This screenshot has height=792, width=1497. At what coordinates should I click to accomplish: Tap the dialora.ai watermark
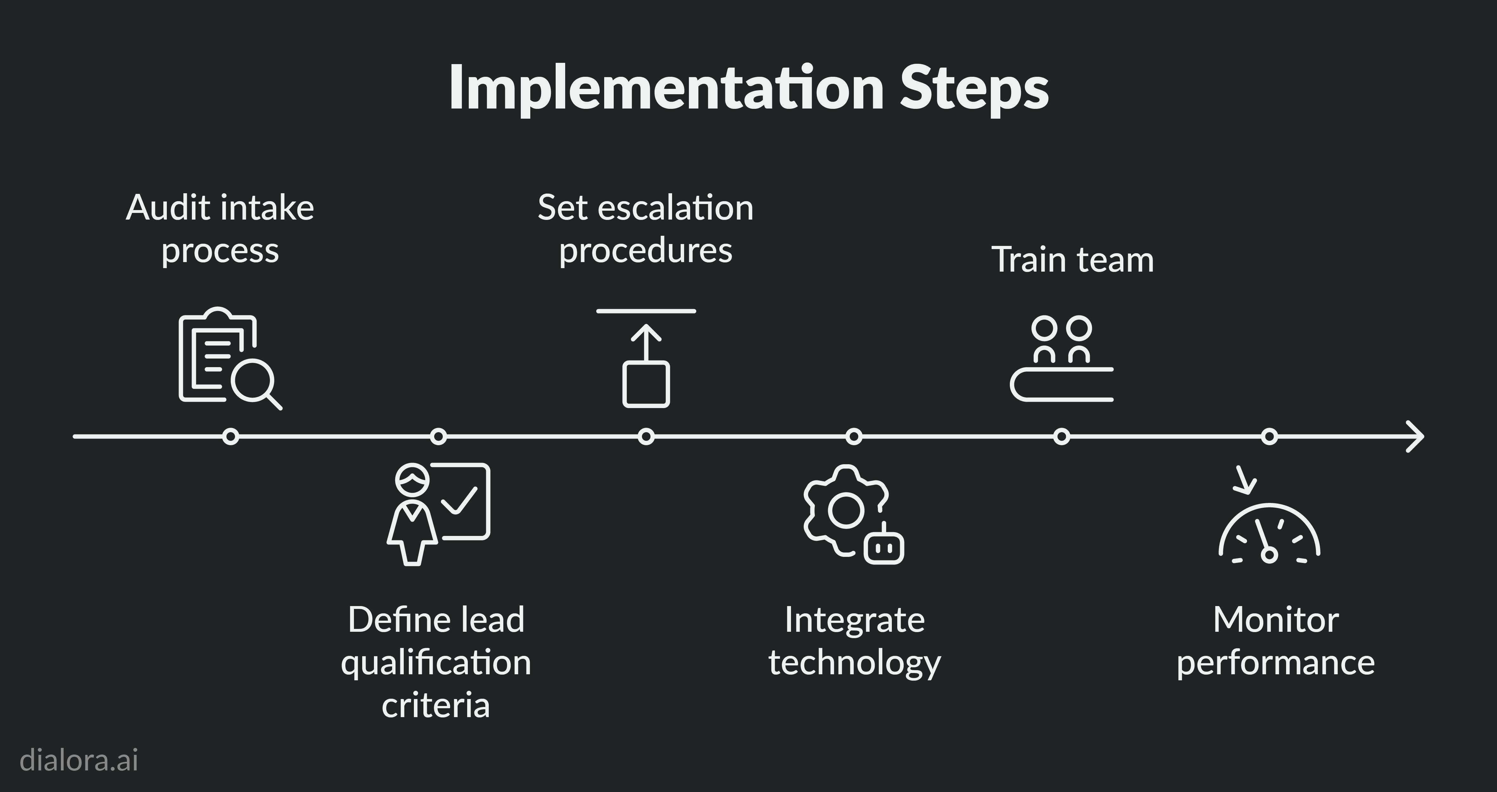pos(79,760)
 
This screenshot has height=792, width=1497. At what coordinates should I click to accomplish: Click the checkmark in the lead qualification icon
pos(459,500)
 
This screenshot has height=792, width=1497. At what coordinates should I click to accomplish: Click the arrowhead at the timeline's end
pos(1415,436)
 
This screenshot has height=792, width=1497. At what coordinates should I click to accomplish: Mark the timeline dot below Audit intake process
pos(231,436)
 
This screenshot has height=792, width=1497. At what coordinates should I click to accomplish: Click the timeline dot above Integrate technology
pos(854,436)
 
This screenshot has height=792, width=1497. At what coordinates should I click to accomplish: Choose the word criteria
pos(436,705)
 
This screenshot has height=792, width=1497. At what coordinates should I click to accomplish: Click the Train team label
pos(1072,259)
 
